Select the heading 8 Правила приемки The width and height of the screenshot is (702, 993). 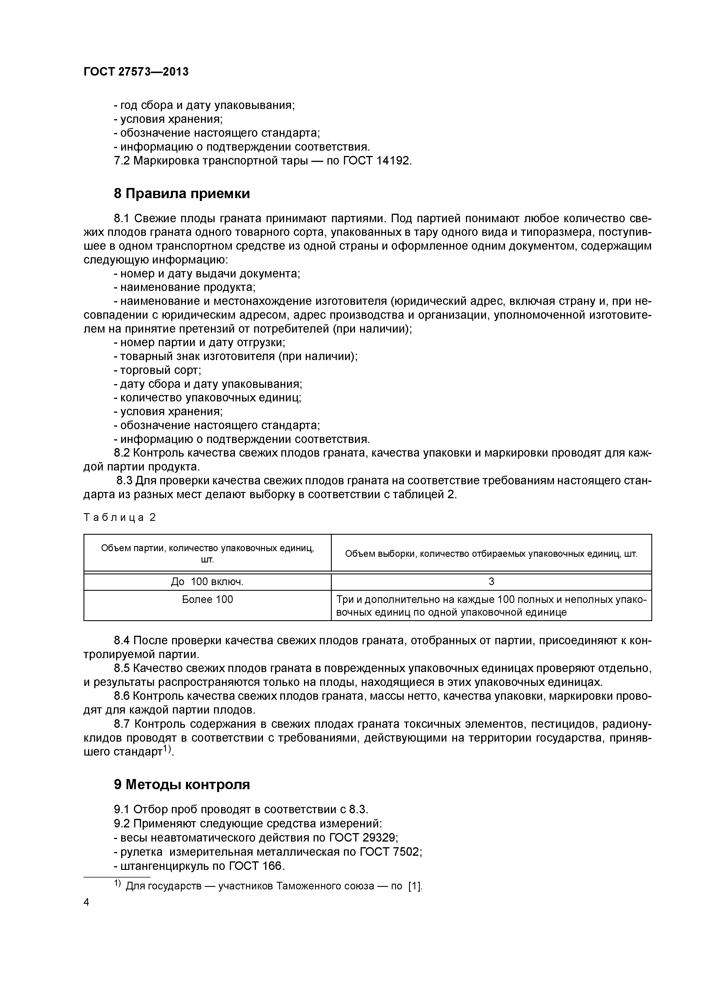click(x=182, y=193)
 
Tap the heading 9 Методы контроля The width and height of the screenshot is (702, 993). click(x=182, y=785)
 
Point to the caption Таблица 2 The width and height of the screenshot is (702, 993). click(x=119, y=518)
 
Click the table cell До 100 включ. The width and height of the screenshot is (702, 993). click(x=207, y=582)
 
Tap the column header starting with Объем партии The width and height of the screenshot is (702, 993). click(x=207, y=554)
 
